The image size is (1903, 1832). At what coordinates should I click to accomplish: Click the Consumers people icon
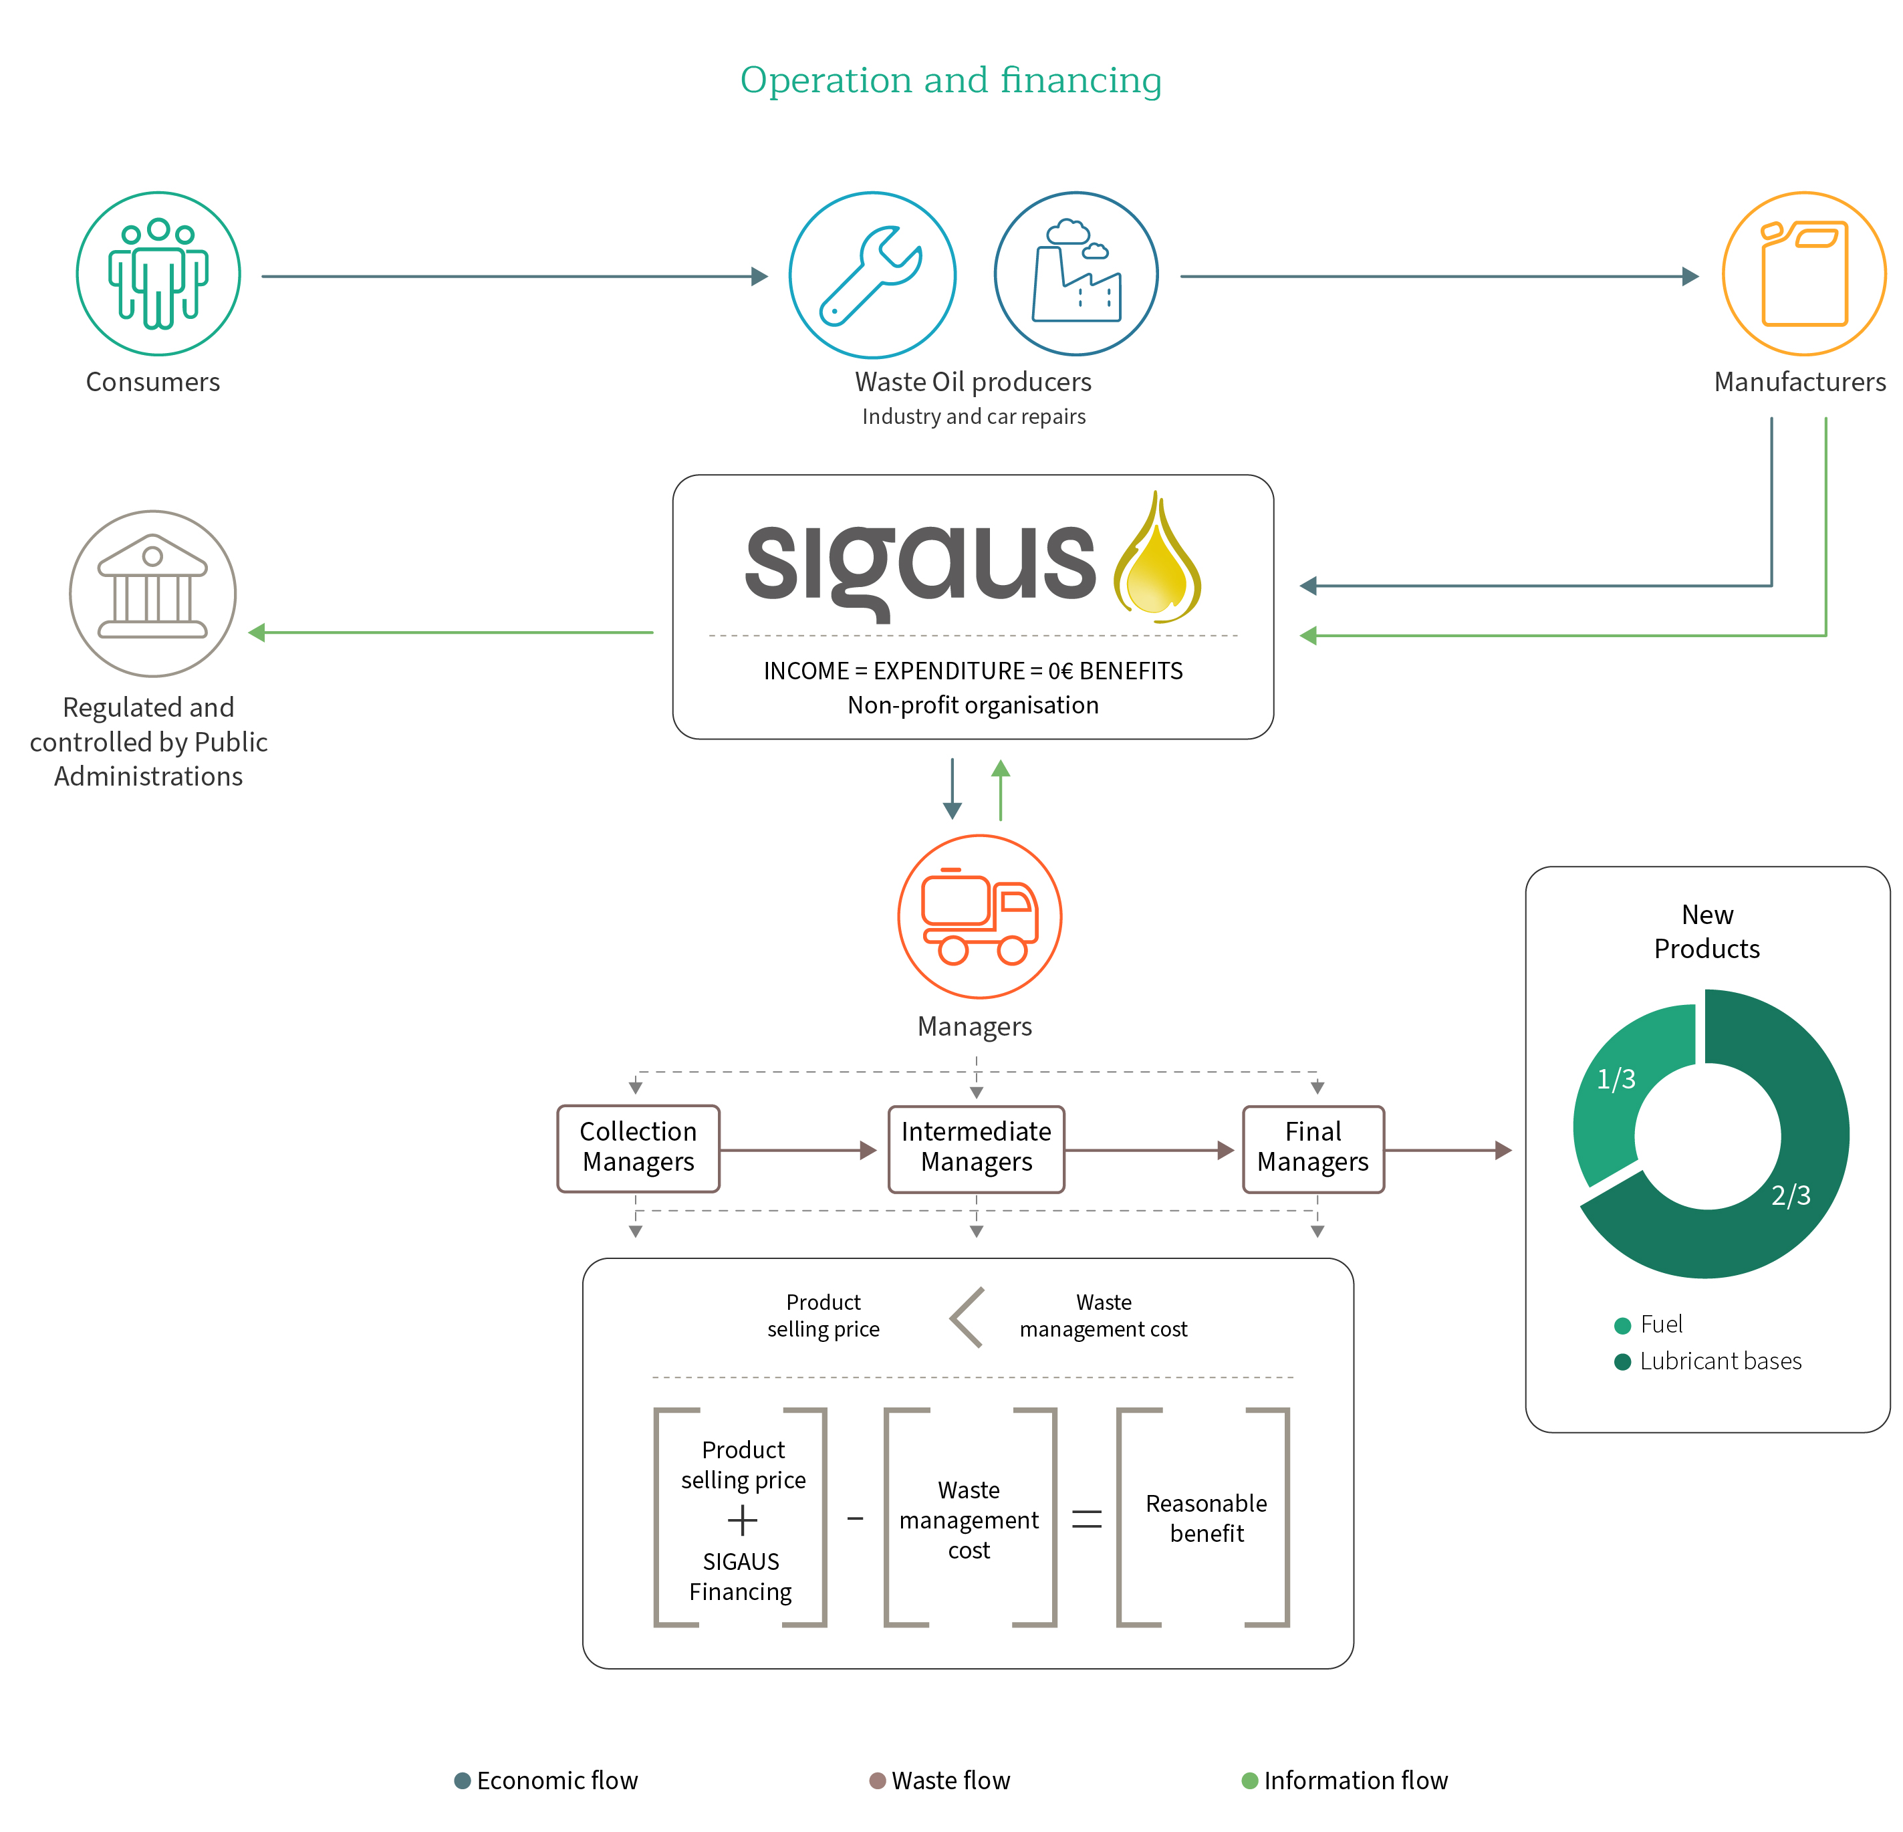click(x=158, y=274)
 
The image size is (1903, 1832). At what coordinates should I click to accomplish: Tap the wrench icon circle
click(x=872, y=275)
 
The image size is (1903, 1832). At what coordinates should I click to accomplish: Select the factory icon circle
click(x=1075, y=274)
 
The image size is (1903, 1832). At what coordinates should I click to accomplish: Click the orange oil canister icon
click(x=1804, y=274)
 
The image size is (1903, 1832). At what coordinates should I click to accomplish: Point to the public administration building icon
click(x=152, y=594)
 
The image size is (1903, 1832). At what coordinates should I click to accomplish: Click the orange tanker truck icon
click(x=980, y=916)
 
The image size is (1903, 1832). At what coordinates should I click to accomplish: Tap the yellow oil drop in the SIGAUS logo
click(x=1156, y=556)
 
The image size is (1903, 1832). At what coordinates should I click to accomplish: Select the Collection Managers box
click(x=638, y=1148)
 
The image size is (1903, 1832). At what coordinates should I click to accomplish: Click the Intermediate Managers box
click(x=976, y=1148)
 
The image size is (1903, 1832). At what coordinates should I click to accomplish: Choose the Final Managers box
click(x=1313, y=1148)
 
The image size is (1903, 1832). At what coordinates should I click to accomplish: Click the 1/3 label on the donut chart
click(x=1616, y=1078)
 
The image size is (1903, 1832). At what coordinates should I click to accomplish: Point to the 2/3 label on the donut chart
click(x=1791, y=1195)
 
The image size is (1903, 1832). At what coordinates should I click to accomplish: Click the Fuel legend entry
click(x=1648, y=1324)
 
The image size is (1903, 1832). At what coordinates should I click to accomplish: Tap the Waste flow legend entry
click(x=939, y=1781)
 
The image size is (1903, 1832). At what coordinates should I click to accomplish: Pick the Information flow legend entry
click(x=1345, y=1781)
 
